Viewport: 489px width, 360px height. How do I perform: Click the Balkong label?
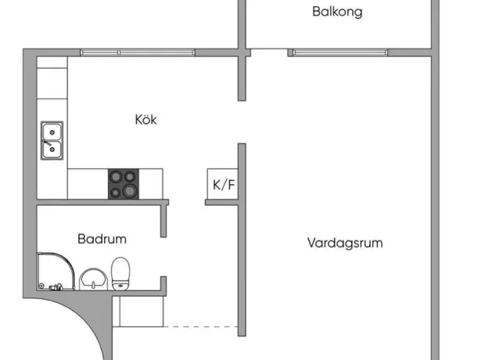(x=337, y=12)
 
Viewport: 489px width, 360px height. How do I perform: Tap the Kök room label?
(x=146, y=120)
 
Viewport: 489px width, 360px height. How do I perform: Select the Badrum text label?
(x=102, y=239)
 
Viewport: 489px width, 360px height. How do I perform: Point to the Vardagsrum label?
(x=345, y=243)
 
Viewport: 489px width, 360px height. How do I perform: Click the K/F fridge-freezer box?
(x=223, y=184)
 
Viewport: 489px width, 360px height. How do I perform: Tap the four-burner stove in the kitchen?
(x=124, y=184)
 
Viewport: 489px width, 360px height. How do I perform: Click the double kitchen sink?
(x=52, y=141)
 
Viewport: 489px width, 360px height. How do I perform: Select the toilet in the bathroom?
(x=120, y=274)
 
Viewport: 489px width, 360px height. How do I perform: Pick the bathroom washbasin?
(x=93, y=279)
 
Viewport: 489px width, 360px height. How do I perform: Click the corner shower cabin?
(x=56, y=271)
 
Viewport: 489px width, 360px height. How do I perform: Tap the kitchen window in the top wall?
(x=138, y=52)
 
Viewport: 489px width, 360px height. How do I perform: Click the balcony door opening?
(x=269, y=52)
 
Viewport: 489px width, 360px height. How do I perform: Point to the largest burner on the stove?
(x=130, y=190)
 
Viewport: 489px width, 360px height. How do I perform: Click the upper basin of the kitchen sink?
(x=52, y=132)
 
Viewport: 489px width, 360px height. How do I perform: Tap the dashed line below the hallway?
(x=200, y=326)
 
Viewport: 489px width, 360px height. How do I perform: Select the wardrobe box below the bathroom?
(x=138, y=311)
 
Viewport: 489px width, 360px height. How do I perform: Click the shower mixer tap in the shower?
(x=56, y=286)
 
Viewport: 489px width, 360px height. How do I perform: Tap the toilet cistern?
(x=120, y=286)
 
